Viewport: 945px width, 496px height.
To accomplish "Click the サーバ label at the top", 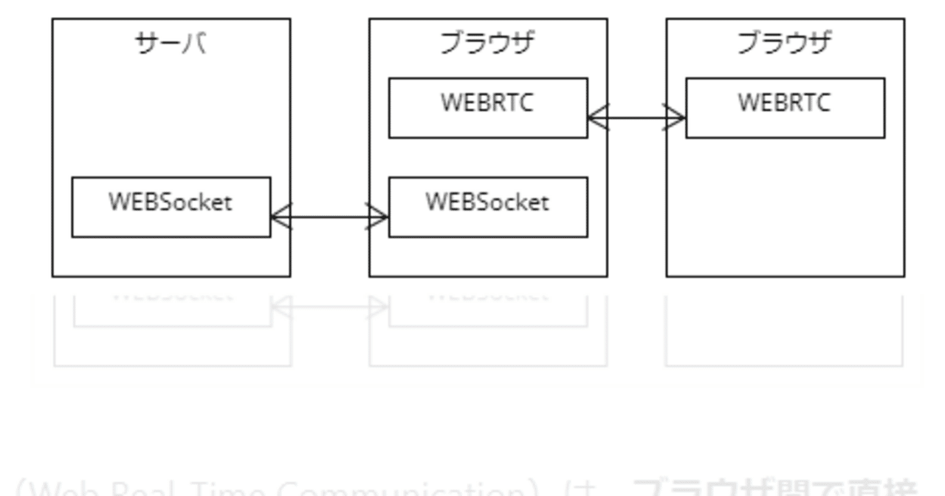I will [x=171, y=44].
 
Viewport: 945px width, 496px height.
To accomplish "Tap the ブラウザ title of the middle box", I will [x=487, y=44].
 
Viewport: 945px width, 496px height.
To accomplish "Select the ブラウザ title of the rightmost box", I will [x=784, y=44].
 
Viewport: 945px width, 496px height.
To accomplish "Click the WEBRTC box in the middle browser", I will [x=488, y=107].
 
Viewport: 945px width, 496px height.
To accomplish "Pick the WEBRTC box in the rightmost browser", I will [x=785, y=107].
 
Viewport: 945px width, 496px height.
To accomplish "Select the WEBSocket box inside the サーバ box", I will [x=171, y=206].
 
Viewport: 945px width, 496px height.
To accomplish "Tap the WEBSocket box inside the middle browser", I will [x=488, y=206].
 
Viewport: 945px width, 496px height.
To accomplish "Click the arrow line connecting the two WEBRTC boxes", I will [x=636, y=117].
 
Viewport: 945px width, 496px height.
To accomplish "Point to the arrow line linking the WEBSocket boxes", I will [x=329, y=217].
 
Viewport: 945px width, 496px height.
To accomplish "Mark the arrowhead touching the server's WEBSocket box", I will [x=281, y=217].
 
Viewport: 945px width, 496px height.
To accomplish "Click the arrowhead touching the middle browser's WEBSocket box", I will [x=378, y=217].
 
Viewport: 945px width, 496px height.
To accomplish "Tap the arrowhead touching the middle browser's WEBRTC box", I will [x=597, y=117].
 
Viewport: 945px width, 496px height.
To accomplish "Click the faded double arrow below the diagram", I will [x=329, y=307].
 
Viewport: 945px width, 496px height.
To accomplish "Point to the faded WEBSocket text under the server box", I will [x=172, y=297].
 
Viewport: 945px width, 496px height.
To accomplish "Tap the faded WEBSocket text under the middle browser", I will [x=488, y=297].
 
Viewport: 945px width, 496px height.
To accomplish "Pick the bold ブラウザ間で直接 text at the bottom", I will [x=775, y=488].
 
